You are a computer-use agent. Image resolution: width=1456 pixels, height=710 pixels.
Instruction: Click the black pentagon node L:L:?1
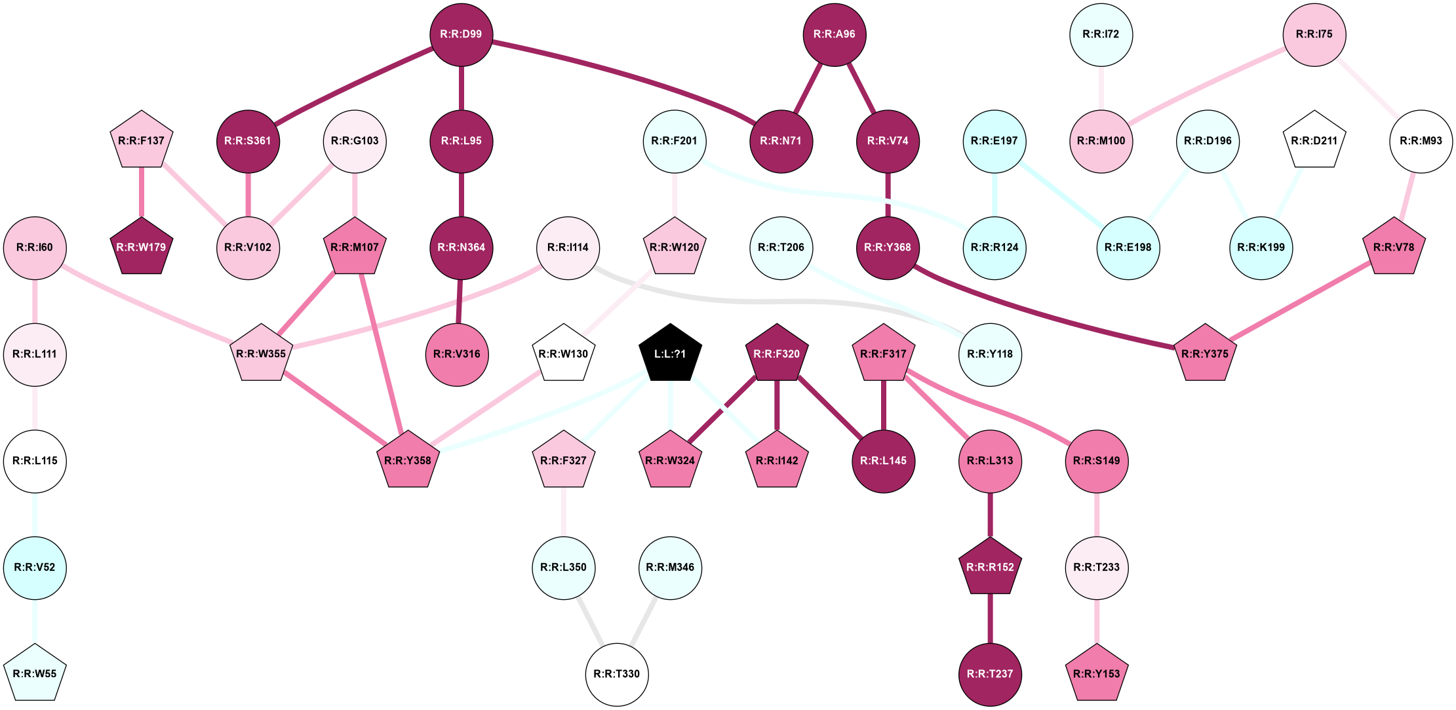[670, 354]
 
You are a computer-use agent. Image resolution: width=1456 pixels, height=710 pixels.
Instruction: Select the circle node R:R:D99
[461, 35]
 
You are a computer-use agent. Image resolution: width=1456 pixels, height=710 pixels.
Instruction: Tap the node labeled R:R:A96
[834, 35]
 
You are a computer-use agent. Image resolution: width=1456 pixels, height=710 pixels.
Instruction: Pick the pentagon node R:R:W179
[141, 247]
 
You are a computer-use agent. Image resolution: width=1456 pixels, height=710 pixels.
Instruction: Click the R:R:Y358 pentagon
[408, 461]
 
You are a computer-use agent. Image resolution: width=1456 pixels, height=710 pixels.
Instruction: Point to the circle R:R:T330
[616, 674]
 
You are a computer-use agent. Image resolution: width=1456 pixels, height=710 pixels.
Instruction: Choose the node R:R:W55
[35, 674]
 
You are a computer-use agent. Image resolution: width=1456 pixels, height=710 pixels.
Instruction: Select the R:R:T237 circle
[990, 674]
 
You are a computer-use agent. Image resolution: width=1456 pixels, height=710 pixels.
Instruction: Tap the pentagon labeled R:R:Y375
[1205, 354]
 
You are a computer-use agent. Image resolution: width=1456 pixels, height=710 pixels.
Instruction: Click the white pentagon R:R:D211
[1314, 141]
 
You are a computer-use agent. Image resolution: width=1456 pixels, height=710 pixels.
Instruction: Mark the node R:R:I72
[1101, 35]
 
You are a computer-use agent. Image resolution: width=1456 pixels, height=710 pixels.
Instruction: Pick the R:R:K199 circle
[1261, 248]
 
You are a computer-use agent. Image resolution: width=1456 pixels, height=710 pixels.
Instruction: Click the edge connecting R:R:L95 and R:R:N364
[461, 194]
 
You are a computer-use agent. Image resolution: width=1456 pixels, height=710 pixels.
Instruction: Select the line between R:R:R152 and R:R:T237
[990, 619]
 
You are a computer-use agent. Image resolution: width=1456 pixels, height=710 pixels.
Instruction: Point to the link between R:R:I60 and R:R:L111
[35, 301]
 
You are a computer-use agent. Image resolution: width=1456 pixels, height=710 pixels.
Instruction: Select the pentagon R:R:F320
[777, 354]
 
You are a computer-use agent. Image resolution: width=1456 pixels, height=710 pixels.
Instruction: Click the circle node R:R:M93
[1421, 141]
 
